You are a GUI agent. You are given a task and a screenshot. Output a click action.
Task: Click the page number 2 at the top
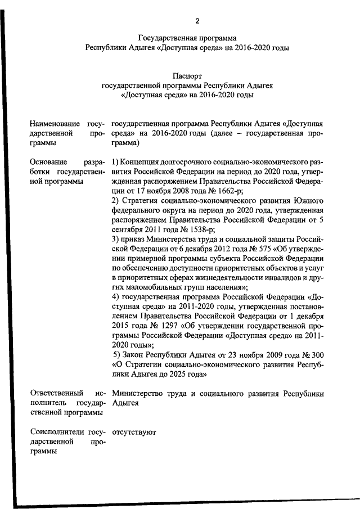pyautogui.click(x=197, y=21)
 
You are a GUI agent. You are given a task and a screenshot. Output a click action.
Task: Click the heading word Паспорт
pyautogui.click(x=188, y=75)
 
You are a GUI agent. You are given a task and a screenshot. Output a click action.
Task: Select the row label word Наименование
pyautogui.click(x=55, y=123)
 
